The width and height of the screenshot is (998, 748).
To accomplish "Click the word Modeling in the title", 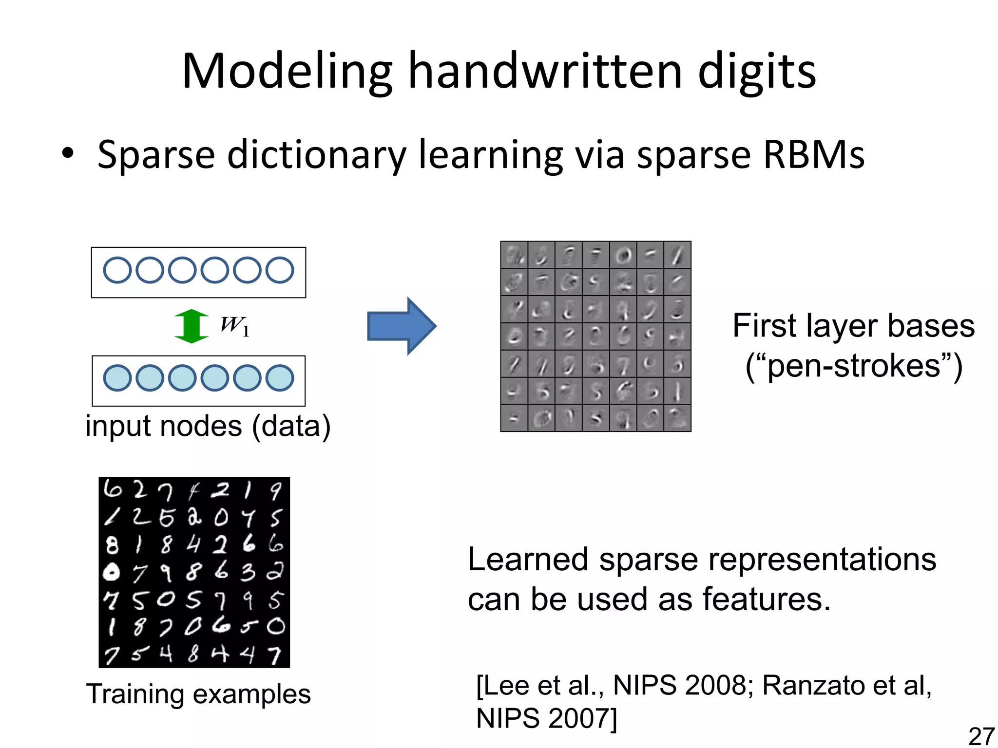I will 287,72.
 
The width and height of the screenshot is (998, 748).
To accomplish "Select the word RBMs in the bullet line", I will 814,155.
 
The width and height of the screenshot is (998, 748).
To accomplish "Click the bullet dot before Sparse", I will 68,153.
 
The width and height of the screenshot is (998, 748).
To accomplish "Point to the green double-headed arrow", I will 192,326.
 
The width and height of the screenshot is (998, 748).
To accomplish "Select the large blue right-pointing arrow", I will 401,326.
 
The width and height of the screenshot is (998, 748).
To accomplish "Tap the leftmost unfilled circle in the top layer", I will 117,270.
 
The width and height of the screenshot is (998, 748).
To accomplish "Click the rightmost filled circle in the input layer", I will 280,378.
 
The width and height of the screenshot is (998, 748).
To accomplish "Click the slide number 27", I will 981,736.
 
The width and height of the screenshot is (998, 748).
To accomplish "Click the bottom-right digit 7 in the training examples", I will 275,654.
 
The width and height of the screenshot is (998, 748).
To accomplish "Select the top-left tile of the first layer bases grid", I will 514,255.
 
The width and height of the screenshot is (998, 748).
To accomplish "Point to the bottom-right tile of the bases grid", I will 677,418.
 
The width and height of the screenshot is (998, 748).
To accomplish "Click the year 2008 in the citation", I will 715,686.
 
